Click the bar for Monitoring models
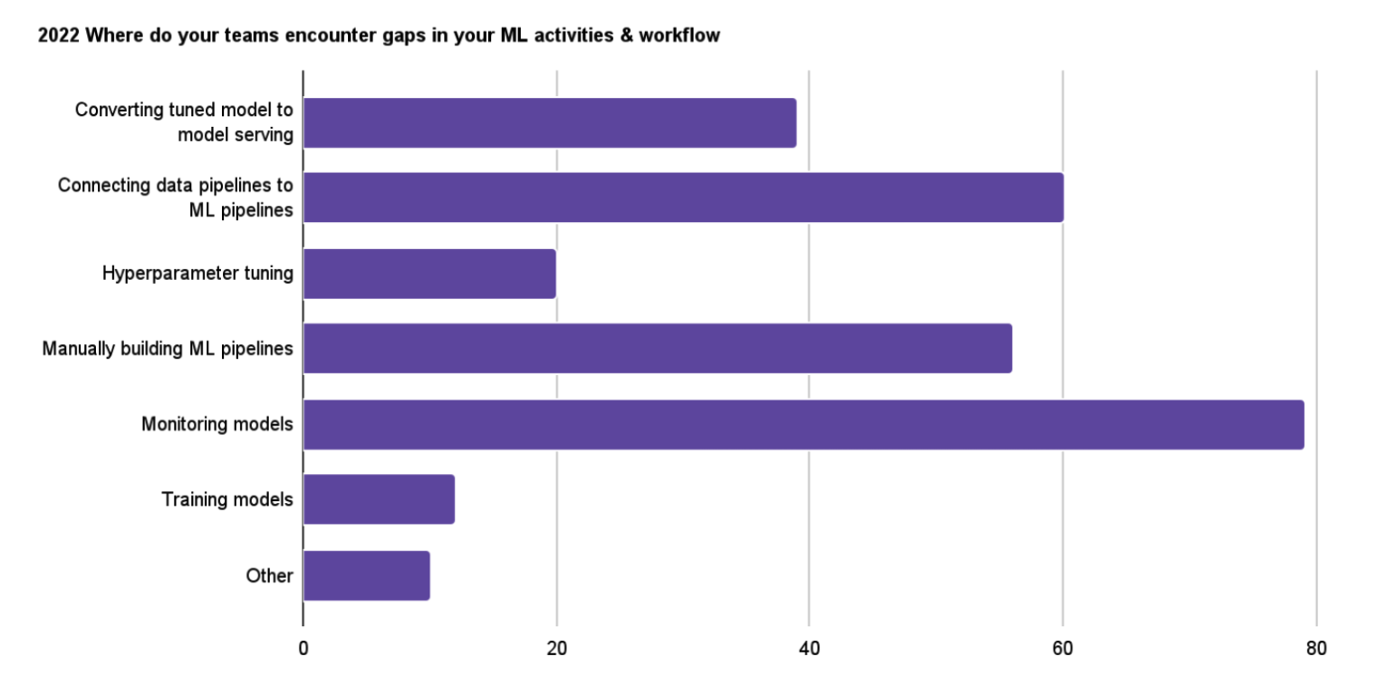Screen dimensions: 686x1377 pyautogui.click(x=803, y=424)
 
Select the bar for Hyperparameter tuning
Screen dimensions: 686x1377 pyautogui.click(x=429, y=274)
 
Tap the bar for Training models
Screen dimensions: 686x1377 pyautogui.click(x=379, y=499)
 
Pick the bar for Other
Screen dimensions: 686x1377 pyautogui.click(x=366, y=575)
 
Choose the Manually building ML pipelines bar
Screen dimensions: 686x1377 pyautogui.click(x=657, y=349)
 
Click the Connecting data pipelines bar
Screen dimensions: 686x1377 pyautogui.click(x=683, y=198)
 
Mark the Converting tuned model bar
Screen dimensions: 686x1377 pyautogui.click(x=549, y=122)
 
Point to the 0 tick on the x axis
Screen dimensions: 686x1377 pyautogui.click(x=303, y=649)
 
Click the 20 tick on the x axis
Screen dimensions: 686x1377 pyautogui.click(x=556, y=649)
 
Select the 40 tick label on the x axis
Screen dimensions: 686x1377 pyautogui.click(x=809, y=649)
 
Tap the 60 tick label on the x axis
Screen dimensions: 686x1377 pyautogui.click(x=1062, y=649)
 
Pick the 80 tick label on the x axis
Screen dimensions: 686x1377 pyautogui.click(x=1315, y=649)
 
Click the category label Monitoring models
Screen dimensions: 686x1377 pyautogui.click(x=217, y=424)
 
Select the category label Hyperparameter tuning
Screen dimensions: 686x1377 pyautogui.click(x=197, y=274)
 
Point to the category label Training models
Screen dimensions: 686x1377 pyautogui.click(x=227, y=499)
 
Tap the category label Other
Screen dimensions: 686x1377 pyautogui.click(x=269, y=575)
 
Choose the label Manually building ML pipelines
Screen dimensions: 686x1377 pyautogui.click(x=168, y=349)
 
